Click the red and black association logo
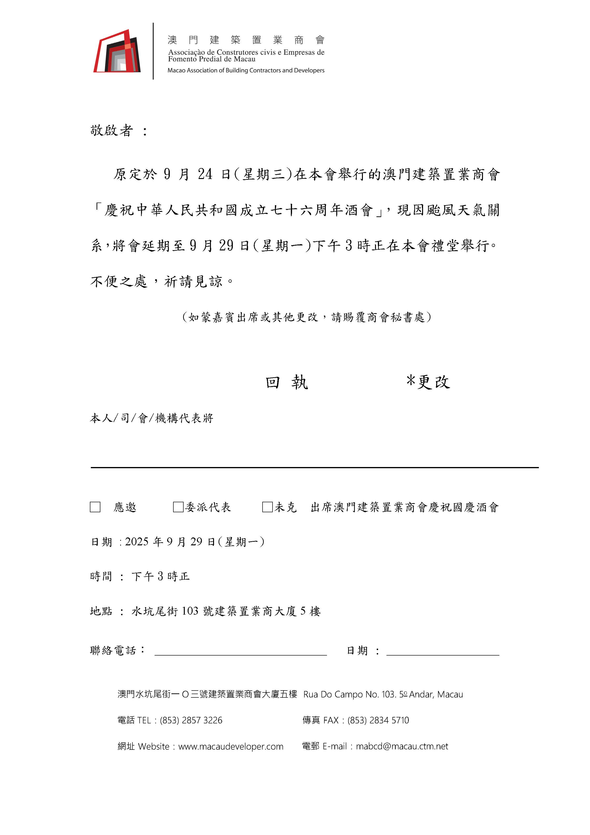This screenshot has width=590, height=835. (117, 51)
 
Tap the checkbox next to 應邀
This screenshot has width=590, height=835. (95, 507)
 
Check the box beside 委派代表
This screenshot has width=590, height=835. (178, 507)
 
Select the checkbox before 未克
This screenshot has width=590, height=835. (267, 507)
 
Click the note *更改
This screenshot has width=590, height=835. (428, 382)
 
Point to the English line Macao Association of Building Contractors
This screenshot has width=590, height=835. (246, 70)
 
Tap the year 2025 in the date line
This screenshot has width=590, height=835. (137, 542)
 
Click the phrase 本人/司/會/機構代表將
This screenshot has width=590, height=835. (151, 418)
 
